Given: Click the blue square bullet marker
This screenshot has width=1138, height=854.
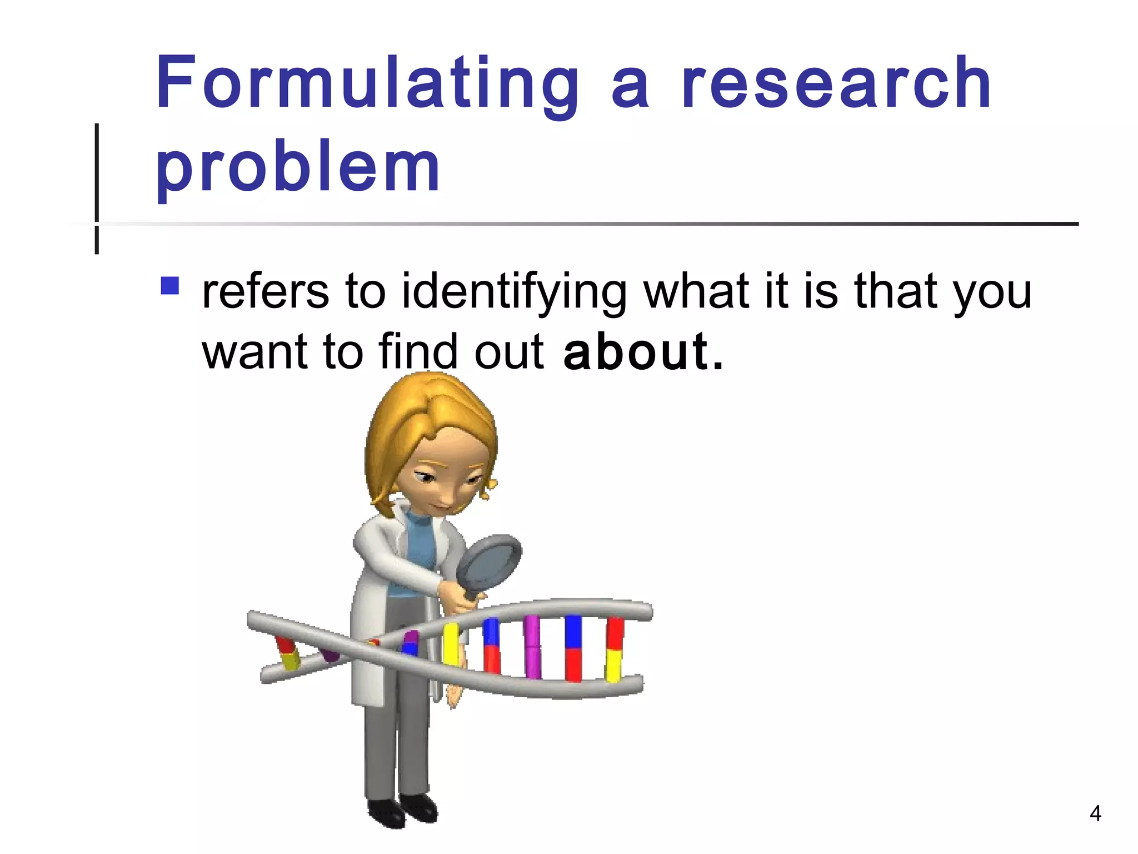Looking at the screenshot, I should click(169, 286).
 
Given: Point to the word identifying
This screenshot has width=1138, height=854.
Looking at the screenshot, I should click(515, 292).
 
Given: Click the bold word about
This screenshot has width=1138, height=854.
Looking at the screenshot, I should click(636, 351).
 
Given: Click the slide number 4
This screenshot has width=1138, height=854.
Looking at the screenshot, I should click(1095, 813).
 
